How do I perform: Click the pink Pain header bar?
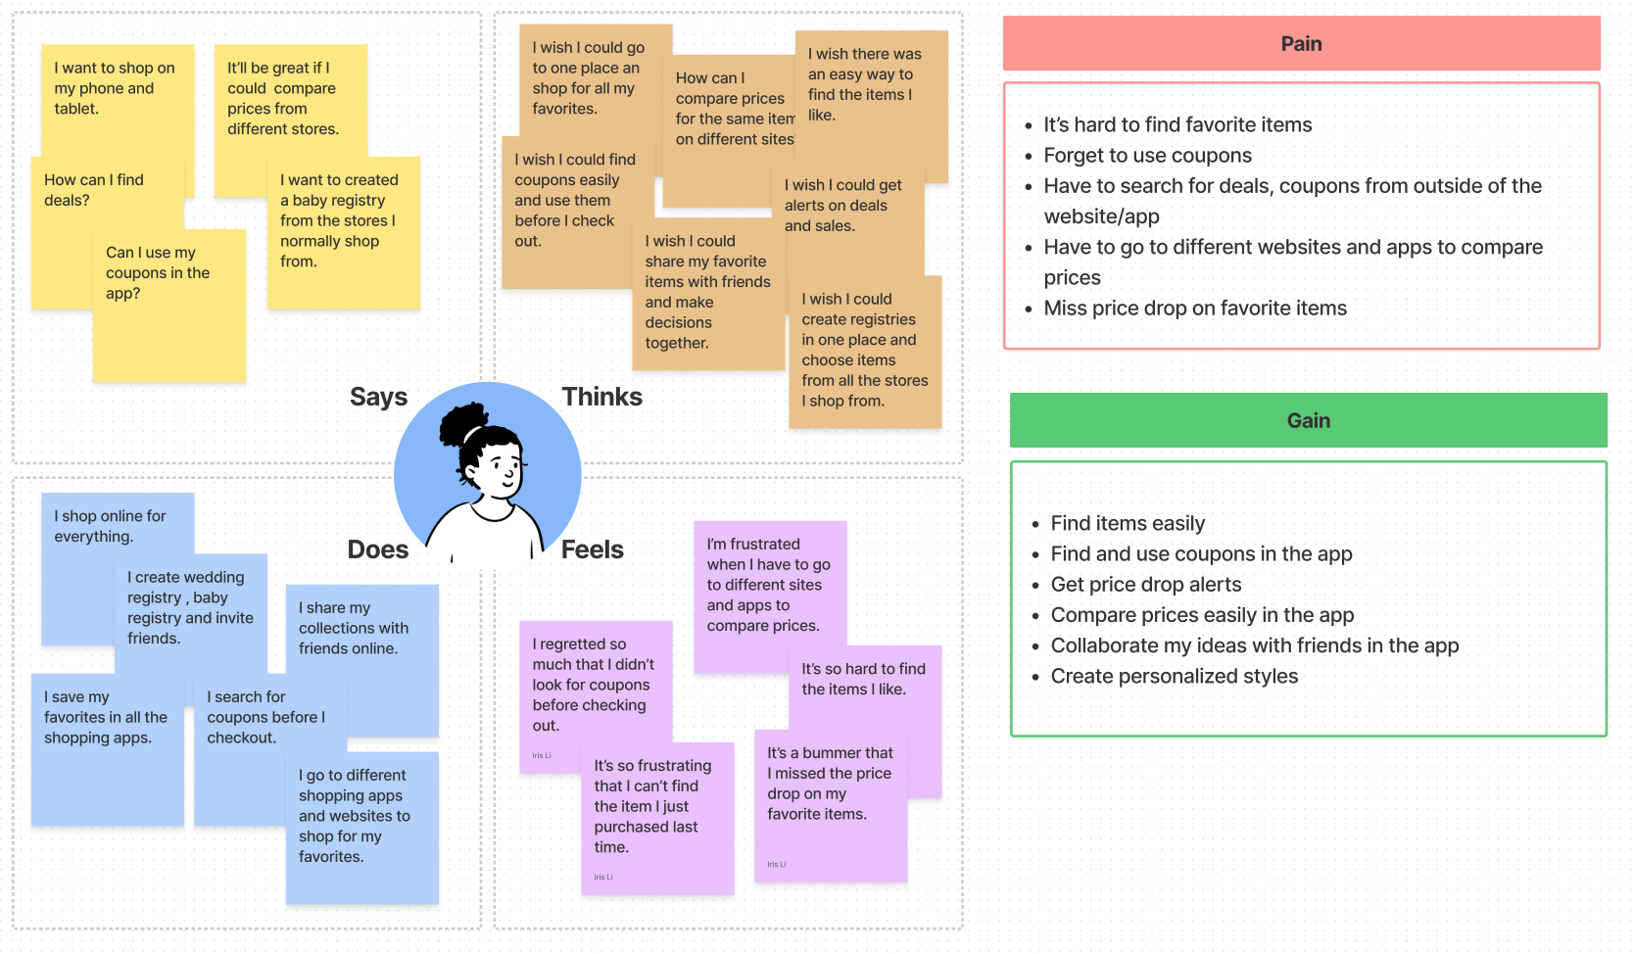(1301, 44)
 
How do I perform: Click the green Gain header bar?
(1308, 420)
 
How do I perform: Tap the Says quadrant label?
(378, 397)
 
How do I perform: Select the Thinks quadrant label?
(601, 397)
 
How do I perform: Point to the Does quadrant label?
(377, 549)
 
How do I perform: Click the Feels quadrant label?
(592, 549)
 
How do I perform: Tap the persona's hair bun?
(458, 421)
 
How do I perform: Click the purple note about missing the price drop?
(830, 793)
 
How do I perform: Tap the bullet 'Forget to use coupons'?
(1147, 156)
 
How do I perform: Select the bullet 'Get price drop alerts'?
(1146, 585)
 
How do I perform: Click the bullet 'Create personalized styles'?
(1174, 676)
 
